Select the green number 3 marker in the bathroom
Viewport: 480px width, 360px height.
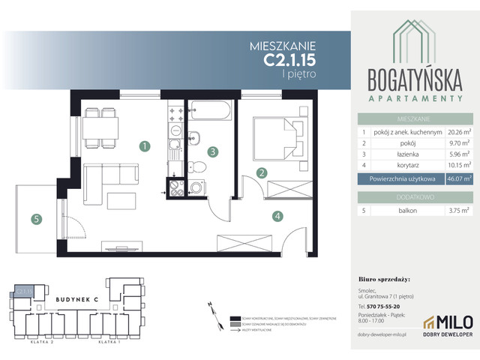214,152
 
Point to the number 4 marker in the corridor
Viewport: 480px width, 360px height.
277,217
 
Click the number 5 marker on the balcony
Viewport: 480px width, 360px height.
34,220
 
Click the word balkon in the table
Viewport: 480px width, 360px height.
384,211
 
